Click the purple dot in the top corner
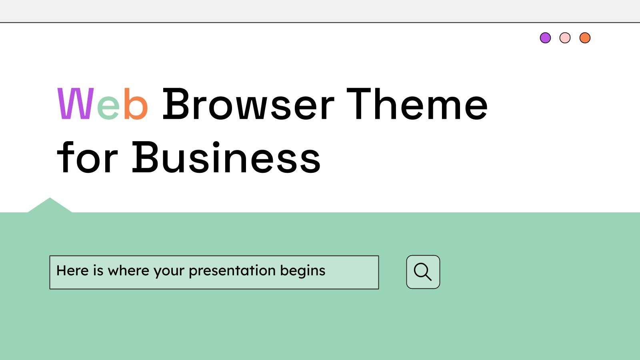click(545, 38)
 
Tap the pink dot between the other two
click(565, 38)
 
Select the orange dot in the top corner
click(585, 38)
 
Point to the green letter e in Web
click(108, 107)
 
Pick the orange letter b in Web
click(136, 104)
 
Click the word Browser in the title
click(248, 105)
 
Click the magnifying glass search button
click(423, 272)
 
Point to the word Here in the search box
click(72, 270)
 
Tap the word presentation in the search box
click(232, 271)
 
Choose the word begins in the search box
click(303, 271)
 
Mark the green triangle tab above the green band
click(50, 206)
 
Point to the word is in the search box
click(98, 270)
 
